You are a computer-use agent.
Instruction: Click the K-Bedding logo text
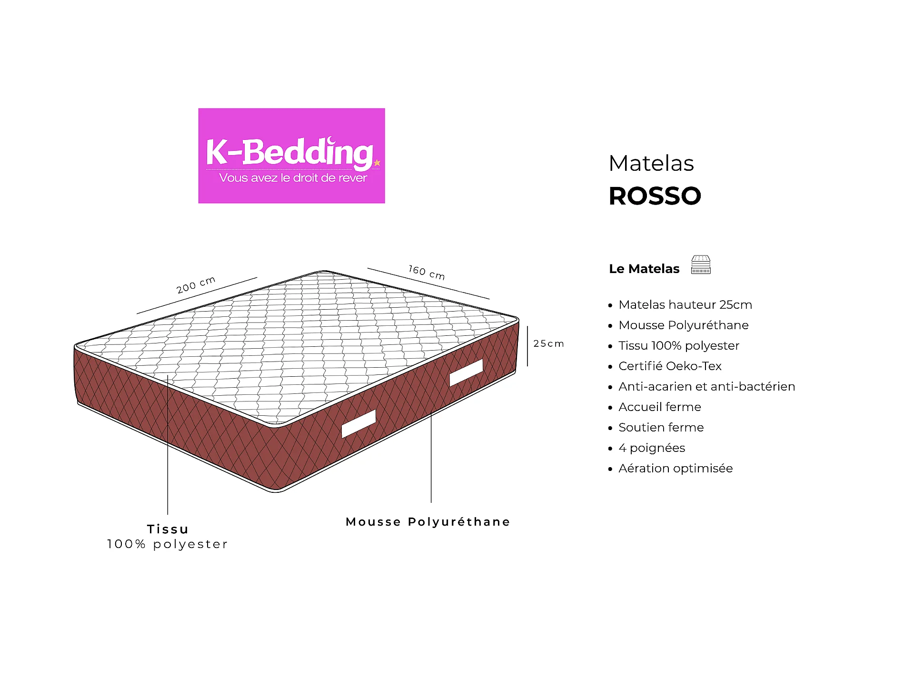[289, 152]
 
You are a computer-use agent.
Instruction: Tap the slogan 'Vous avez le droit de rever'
[293, 178]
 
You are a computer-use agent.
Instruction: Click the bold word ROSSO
[655, 196]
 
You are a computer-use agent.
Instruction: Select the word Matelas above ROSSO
[651, 163]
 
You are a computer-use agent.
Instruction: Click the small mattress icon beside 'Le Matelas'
[701, 265]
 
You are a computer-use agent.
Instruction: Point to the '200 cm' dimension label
[196, 284]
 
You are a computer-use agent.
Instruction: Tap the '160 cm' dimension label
[427, 273]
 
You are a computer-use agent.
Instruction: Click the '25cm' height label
[548, 343]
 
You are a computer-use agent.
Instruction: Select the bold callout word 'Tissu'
[168, 529]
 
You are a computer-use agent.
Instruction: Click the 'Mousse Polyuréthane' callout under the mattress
[428, 522]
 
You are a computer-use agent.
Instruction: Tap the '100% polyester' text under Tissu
[168, 544]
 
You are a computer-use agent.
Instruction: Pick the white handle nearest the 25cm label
[467, 372]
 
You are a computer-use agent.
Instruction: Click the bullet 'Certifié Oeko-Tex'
[670, 366]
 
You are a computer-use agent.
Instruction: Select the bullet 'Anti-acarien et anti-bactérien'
[707, 386]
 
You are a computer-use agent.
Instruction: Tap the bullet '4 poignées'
[652, 448]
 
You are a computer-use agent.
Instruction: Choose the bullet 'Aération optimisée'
[676, 469]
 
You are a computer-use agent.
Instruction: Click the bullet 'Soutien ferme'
[661, 427]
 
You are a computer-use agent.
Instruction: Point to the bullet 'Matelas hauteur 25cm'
[685, 304]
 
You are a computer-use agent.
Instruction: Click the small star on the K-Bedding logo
[377, 163]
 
